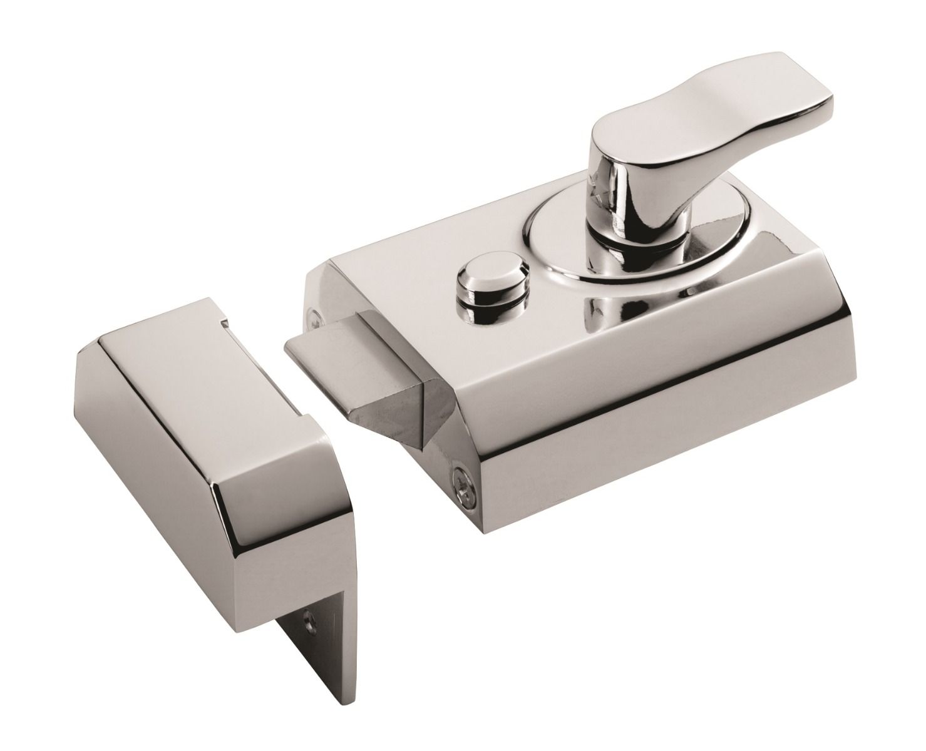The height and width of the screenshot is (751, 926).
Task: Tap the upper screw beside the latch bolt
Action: tap(314, 316)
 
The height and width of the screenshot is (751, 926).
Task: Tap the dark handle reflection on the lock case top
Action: tap(601, 307)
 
